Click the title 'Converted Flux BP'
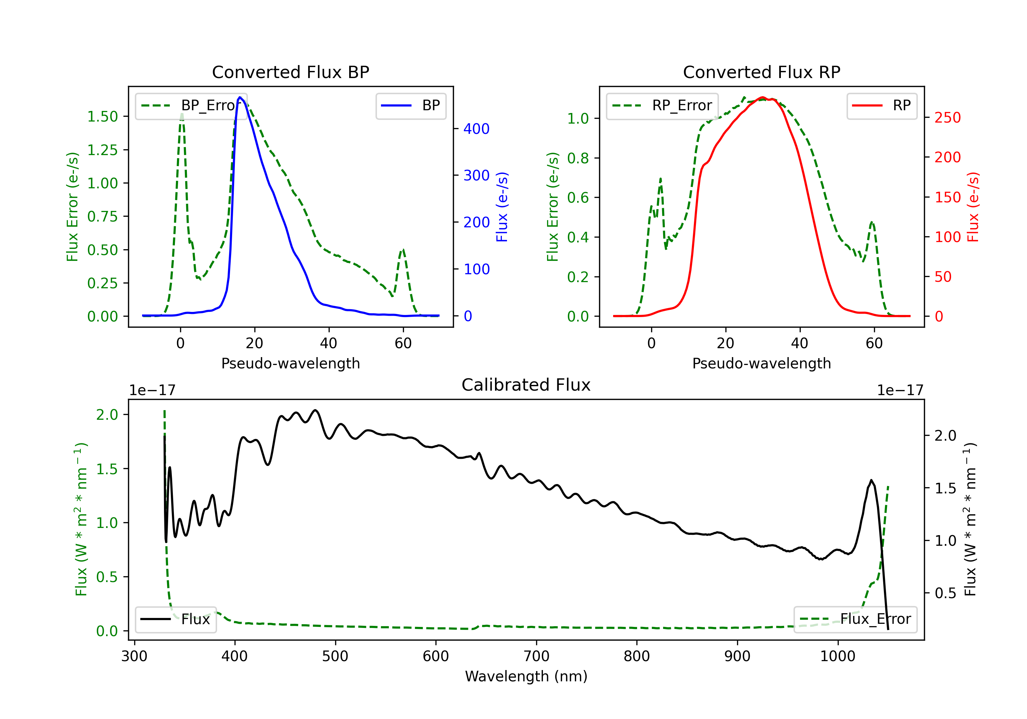[290, 72]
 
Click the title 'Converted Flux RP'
[761, 72]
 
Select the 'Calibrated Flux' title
[526, 385]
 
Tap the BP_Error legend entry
[191, 105]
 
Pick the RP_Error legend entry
[662, 105]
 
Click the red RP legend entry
[882, 105]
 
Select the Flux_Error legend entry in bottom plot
[855, 619]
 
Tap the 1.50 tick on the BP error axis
[102, 116]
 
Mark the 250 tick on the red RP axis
[947, 118]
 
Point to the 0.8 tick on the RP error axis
[578, 158]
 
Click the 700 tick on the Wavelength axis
[536, 656]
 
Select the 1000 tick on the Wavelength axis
[838, 656]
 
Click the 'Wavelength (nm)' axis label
[526, 676]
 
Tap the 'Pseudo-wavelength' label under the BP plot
[290, 363]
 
